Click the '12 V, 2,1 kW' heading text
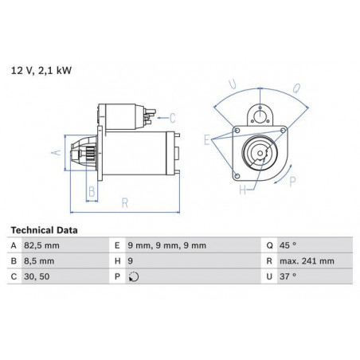click(41, 71)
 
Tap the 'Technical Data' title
click(44, 230)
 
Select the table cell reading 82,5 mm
click(41, 245)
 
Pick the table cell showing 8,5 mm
click(39, 261)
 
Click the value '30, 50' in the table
click(37, 276)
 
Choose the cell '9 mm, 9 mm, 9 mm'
click(167, 245)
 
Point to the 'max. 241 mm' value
click(307, 261)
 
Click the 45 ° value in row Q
click(288, 245)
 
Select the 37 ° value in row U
click(288, 276)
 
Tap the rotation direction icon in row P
click(134, 277)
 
